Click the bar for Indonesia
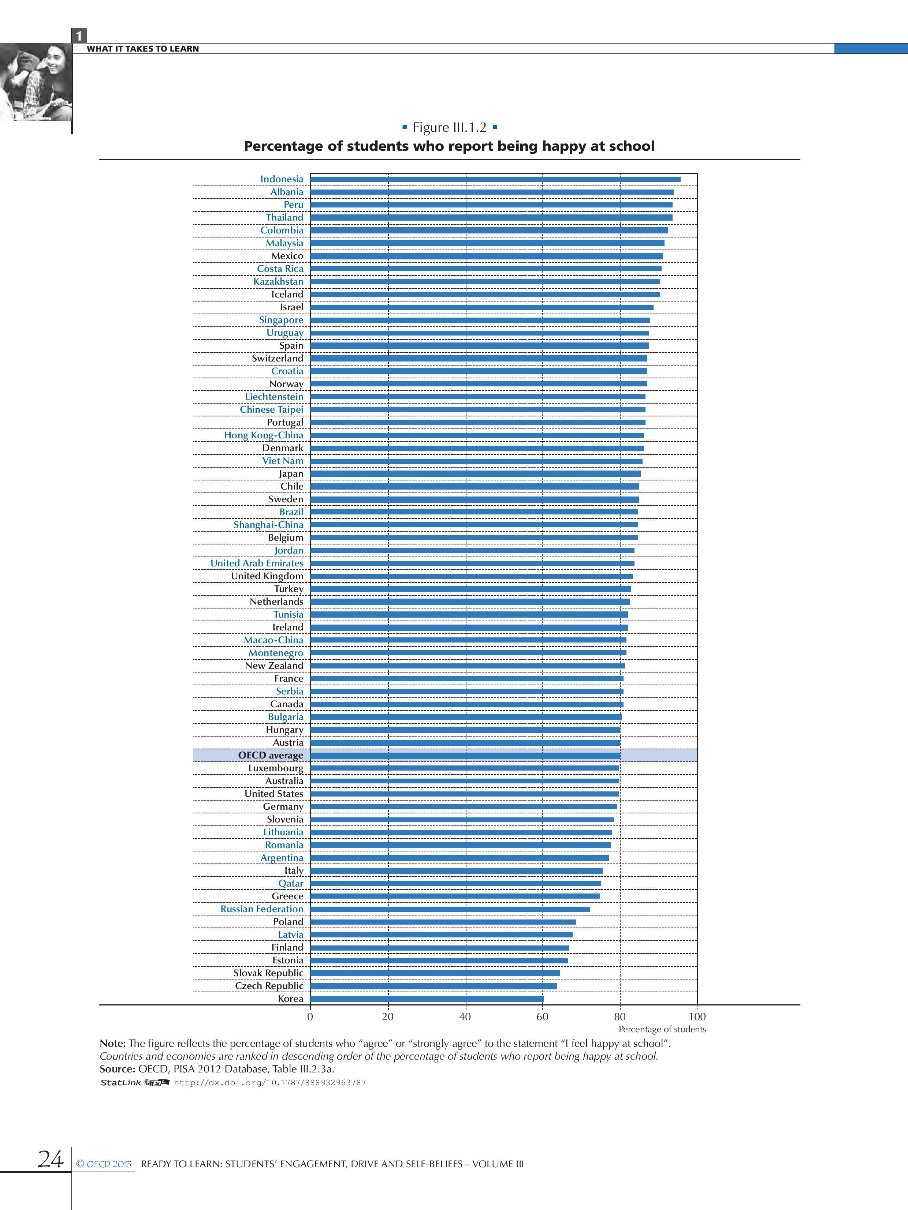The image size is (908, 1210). point(495,179)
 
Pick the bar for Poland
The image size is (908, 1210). point(443,922)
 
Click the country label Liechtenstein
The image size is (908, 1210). point(273,397)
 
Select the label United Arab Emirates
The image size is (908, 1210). point(257,563)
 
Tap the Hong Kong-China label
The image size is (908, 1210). point(263,435)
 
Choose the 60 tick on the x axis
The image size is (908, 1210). point(542,1017)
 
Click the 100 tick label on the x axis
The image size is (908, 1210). point(697,1017)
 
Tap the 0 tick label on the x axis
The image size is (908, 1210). point(310,1017)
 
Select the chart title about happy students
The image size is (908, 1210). point(449,146)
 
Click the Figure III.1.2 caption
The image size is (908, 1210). point(449,127)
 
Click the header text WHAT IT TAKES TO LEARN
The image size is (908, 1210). point(143,49)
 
